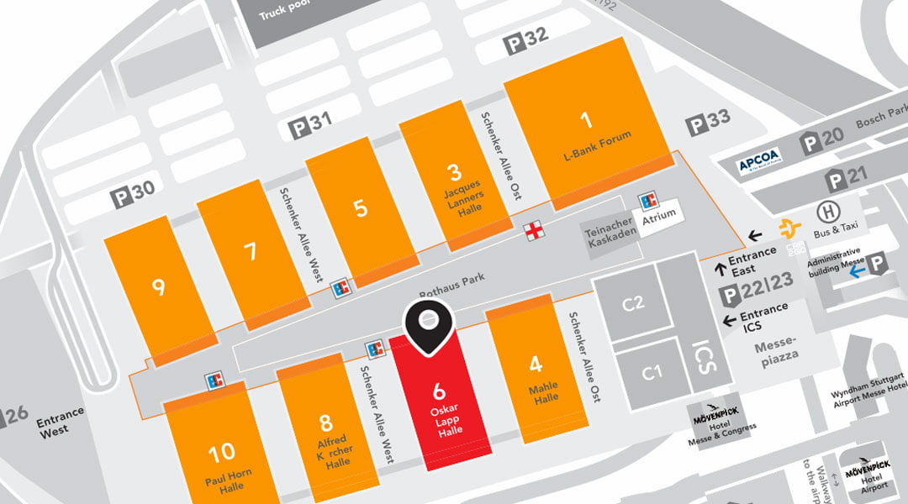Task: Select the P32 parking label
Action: click(525, 39)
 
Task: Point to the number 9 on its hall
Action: click(158, 288)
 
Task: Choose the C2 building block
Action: click(632, 303)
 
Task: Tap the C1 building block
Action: click(652, 373)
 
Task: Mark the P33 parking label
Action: click(710, 123)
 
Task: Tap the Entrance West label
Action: click(61, 420)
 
